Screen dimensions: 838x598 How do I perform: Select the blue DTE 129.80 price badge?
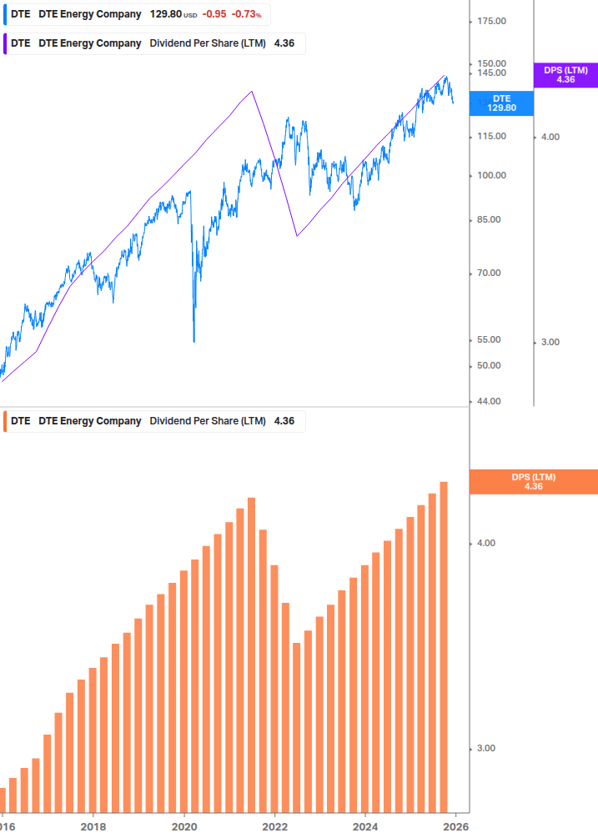tap(501, 103)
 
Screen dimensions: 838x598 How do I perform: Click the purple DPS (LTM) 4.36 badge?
tap(565, 75)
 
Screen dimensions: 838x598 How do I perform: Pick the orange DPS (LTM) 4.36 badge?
tap(534, 482)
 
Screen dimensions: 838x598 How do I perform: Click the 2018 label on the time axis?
tap(93, 826)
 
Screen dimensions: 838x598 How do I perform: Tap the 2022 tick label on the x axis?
tap(274, 826)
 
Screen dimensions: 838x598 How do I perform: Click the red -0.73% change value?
tap(246, 14)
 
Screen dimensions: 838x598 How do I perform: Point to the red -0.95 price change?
tap(215, 14)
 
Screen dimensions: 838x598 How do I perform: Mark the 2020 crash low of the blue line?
tap(193, 340)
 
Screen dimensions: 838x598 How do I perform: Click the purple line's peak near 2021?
tap(252, 91)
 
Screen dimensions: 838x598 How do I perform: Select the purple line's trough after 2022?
tap(297, 236)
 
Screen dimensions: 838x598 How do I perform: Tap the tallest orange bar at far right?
tap(445, 645)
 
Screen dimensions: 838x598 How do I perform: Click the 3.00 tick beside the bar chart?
tap(485, 748)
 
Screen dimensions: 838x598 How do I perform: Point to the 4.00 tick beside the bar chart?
tap(485, 544)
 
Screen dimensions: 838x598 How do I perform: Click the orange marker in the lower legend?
tap(5, 421)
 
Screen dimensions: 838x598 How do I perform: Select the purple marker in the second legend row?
tap(5, 43)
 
